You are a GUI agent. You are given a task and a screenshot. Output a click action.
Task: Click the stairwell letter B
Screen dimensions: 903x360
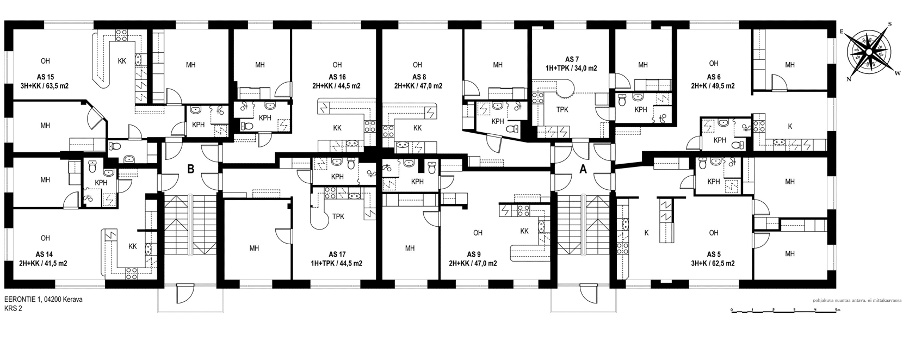(x=191, y=169)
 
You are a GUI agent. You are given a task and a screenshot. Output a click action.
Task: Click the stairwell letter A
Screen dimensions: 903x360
(x=583, y=170)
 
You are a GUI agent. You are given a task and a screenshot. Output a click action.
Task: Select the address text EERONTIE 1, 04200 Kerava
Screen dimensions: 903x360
(x=44, y=300)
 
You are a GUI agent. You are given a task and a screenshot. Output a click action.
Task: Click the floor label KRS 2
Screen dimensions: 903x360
(x=13, y=309)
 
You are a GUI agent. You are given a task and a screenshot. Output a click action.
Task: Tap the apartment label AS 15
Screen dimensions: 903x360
(x=45, y=77)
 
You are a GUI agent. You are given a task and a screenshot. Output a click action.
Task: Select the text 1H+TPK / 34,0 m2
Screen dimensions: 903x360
(x=571, y=68)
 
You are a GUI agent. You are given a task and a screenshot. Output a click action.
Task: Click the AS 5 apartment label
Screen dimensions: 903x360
(x=714, y=255)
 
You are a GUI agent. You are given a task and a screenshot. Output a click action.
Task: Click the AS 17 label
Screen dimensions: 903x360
(x=337, y=255)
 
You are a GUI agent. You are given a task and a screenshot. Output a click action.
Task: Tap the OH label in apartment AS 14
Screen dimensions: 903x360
(x=45, y=238)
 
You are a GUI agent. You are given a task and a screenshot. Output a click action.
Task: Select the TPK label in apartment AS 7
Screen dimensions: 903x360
(x=562, y=110)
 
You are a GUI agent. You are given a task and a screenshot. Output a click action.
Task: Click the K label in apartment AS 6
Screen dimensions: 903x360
(x=790, y=127)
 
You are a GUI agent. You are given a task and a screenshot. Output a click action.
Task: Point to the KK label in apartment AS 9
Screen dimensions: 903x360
(x=524, y=232)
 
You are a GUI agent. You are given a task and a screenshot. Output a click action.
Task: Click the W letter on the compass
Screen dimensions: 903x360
(x=898, y=73)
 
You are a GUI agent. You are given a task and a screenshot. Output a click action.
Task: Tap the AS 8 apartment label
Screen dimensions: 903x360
(x=419, y=77)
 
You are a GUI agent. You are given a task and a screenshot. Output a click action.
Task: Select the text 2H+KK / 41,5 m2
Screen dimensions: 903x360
(x=43, y=264)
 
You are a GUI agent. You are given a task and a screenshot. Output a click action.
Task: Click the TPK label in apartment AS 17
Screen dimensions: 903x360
(x=338, y=216)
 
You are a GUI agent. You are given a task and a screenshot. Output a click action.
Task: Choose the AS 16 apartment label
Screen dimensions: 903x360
(x=337, y=77)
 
